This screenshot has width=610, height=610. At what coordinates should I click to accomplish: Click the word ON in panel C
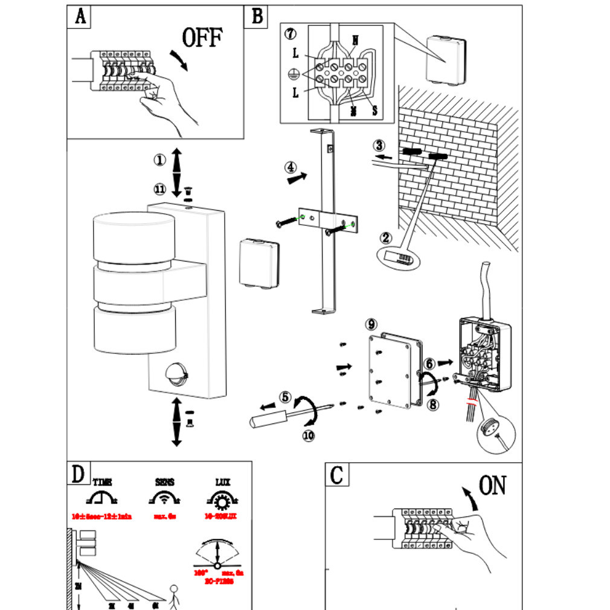[x=492, y=485]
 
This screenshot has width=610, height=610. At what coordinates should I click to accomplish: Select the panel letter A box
[x=79, y=17]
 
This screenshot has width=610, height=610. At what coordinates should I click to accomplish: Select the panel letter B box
[x=257, y=16]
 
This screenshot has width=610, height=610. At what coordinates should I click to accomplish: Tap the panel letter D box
[x=79, y=474]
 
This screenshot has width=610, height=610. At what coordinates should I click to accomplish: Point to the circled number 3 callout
[x=379, y=145]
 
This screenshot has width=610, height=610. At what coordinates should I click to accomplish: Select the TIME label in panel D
[x=102, y=482]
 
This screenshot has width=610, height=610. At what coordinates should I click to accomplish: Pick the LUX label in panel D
[x=222, y=482]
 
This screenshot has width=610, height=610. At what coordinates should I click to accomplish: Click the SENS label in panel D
[x=164, y=482]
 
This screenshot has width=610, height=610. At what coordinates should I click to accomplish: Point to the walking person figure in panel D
[x=175, y=595]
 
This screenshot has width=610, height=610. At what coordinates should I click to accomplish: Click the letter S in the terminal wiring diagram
[x=374, y=111]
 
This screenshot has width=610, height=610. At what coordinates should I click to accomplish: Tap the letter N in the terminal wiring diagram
[x=355, y=41]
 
